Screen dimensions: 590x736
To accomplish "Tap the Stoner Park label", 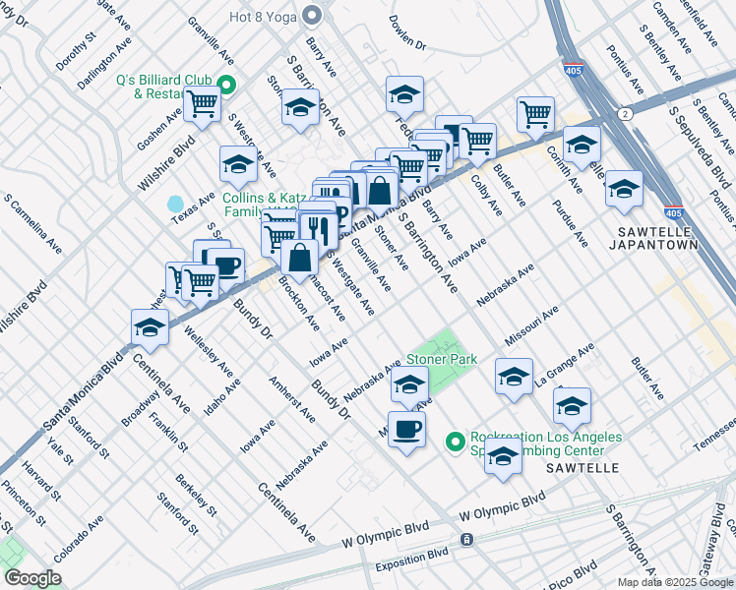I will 442,359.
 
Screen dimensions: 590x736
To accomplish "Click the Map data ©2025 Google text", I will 675,582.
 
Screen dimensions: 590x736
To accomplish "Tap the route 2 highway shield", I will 625,115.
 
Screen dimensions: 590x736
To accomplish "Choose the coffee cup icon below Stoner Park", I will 406,429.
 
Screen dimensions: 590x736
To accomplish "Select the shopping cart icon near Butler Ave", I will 535,112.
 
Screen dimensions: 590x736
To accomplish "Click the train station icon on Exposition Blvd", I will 466,539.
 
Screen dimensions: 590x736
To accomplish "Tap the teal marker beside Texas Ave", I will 175,204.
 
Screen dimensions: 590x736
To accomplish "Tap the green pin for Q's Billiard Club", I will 227,85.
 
